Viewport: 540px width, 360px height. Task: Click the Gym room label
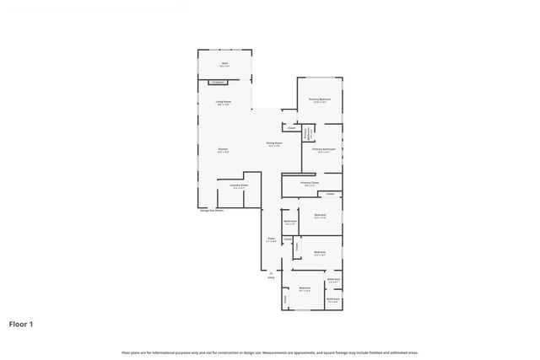coord(224,63)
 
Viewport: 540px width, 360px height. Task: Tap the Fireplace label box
coord(218,82)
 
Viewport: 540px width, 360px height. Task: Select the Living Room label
coord(223,102)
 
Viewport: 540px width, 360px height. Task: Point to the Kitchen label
coord(223,149)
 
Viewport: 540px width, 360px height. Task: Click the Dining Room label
coord(274,143)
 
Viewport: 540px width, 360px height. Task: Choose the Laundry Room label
coord(239,185)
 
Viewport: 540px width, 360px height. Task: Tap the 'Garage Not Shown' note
coord(211,211)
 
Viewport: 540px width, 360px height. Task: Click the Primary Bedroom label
coord(320,99)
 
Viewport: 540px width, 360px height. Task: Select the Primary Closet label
coord(310,182)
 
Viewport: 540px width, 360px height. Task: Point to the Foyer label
coord(272,239)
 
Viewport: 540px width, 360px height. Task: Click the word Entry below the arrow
coord(272,277)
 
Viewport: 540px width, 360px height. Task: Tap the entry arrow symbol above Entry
coord(272,271)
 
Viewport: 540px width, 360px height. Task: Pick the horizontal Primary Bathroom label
coord(324,149)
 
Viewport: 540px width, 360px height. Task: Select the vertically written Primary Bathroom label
coord(305,132)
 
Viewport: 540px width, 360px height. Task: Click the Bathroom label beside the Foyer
coord(290,221)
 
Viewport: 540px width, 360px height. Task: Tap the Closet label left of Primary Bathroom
coord(291,128)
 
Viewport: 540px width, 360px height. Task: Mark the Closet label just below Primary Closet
coord(330,195)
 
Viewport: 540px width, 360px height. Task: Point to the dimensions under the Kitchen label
coord(223,153)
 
